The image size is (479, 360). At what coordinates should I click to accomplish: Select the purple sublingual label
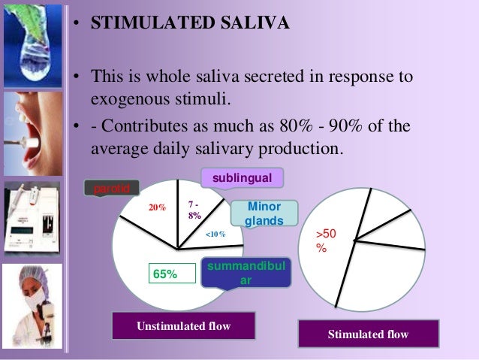pyautogui.click(x=242, y=177)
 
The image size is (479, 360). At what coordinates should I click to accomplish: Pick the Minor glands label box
pyautogui.click(x=264, y=213)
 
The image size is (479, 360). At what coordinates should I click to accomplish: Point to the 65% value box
pyautogui.click(x=165, y=274)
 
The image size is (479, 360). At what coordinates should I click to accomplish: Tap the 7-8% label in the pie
pyautogui.click(x=194, y=209)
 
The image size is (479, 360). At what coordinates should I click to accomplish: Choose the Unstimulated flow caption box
pyautogui.click(x=183, y=325)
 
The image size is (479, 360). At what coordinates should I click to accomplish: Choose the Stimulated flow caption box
pyautogui.click(x=368, y=334)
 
